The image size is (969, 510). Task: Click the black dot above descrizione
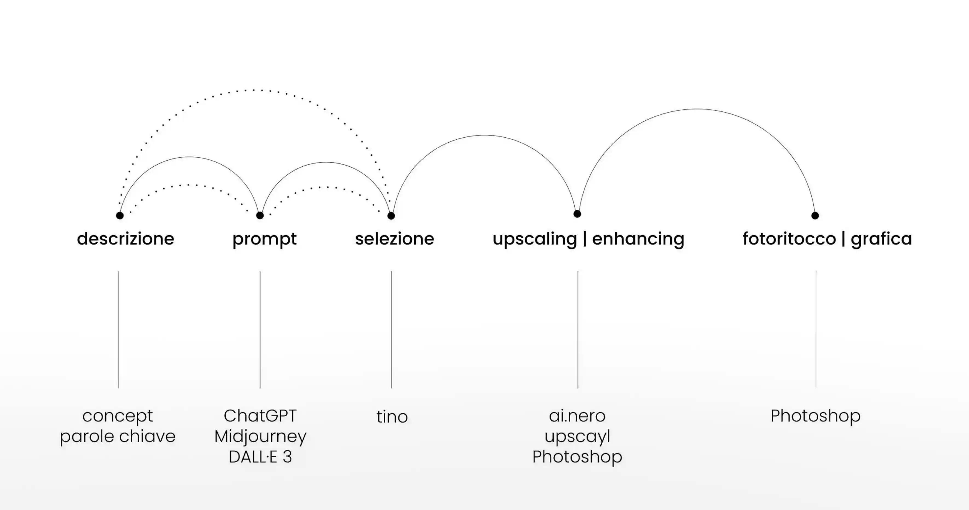120,215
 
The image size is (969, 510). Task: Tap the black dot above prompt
260,215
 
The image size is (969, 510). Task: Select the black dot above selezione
391,216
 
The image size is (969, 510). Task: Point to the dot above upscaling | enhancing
577,214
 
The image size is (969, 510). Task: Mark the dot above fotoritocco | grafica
815,215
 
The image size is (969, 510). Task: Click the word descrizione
125,239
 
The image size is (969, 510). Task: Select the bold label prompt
264,239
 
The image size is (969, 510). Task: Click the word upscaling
534,239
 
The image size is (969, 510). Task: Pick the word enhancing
638,239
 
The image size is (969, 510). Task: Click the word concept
117,416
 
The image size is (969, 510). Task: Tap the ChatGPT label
260,416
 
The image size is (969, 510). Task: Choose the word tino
392,417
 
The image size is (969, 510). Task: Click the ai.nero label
577,416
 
